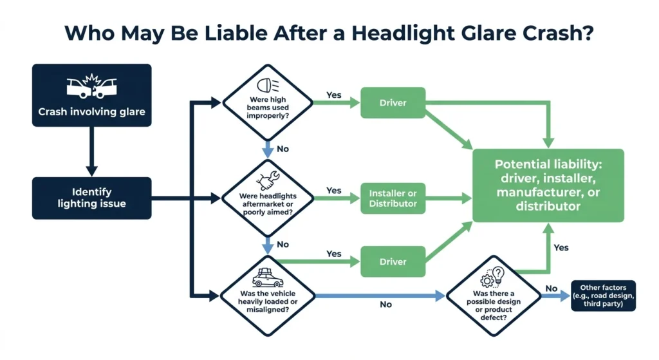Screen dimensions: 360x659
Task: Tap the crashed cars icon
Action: [x=92, y=89]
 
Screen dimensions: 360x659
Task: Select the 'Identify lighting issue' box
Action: [x=92, y=198]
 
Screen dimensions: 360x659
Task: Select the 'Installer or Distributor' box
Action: [x=393, y=198]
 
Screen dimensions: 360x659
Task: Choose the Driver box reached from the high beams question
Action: [x=393, y=103]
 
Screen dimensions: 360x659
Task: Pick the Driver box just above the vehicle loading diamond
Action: [x=393, y=261]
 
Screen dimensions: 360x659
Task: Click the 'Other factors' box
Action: [x=603, y=296]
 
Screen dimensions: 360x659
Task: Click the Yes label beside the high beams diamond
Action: [x=334, y=95]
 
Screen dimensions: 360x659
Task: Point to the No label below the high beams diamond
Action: [x=282, y=149]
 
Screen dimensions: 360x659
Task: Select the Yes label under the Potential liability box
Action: [x=561, y=247]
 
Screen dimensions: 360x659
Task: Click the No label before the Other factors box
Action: [x=551, y=289]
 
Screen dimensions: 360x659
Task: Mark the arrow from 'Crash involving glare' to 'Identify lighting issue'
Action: [x=91, y=151]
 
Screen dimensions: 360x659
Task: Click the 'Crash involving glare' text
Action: [x=92, y=112]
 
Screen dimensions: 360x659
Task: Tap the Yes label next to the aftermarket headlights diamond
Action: [x=334, y=190]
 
